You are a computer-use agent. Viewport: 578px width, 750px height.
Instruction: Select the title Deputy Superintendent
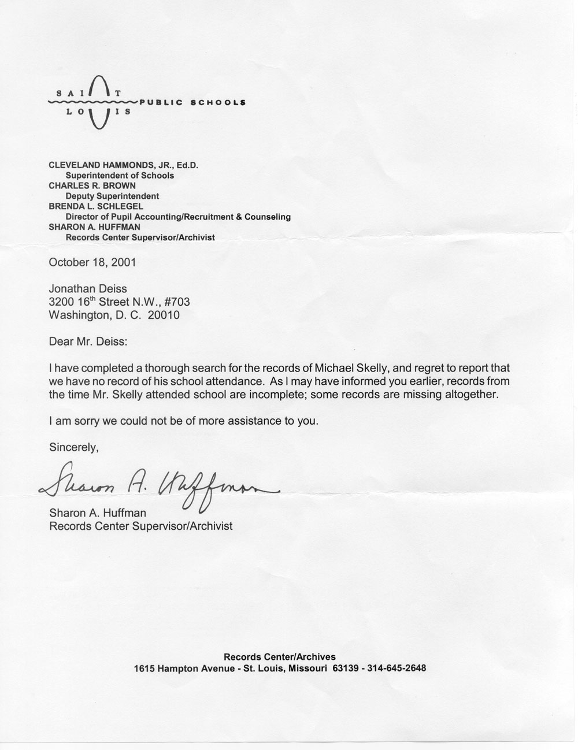coord(112,196)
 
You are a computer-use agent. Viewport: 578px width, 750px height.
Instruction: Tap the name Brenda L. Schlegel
coord(96,206)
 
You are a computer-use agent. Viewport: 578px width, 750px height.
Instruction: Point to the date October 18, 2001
coord(92,262)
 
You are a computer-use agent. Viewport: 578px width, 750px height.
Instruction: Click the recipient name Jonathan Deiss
coord(88,288)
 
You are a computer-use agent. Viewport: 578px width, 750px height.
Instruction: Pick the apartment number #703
coord(177,302)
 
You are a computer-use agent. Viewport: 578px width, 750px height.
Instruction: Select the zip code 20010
coord(163,315)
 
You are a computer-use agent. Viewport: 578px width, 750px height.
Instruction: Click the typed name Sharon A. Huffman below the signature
coord(98,513)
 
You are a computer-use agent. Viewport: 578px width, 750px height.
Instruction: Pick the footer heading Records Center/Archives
coord(280,656)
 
